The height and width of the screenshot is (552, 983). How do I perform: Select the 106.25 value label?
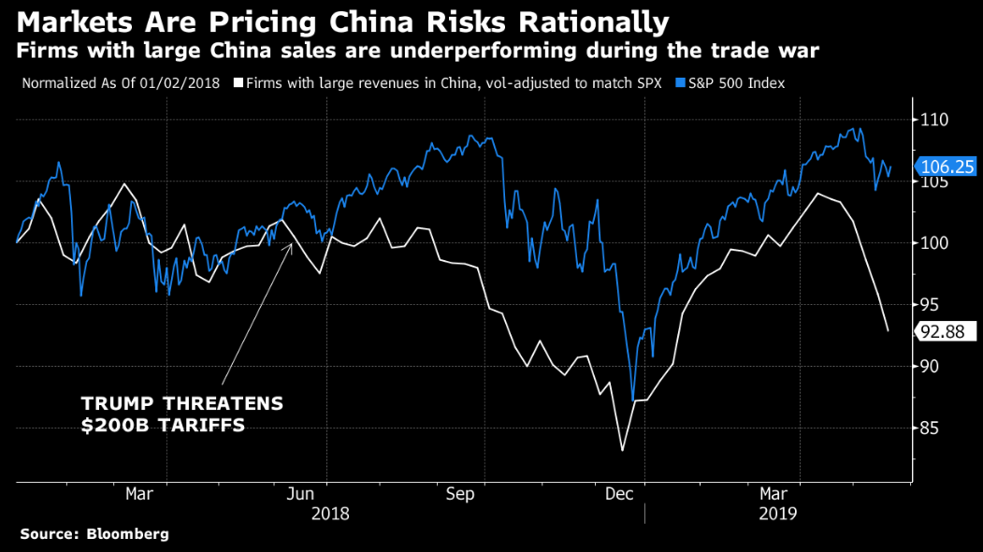[x=947, y=167]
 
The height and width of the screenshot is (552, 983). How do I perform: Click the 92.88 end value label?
[x=947, y=331]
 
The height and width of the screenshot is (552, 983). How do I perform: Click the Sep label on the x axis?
[x=460, y=493]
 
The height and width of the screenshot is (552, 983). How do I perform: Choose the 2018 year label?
[x=330, y=514]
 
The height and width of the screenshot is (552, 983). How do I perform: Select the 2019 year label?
[x=777, y=514]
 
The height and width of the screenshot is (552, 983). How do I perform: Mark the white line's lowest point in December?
[x=622, y=451]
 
